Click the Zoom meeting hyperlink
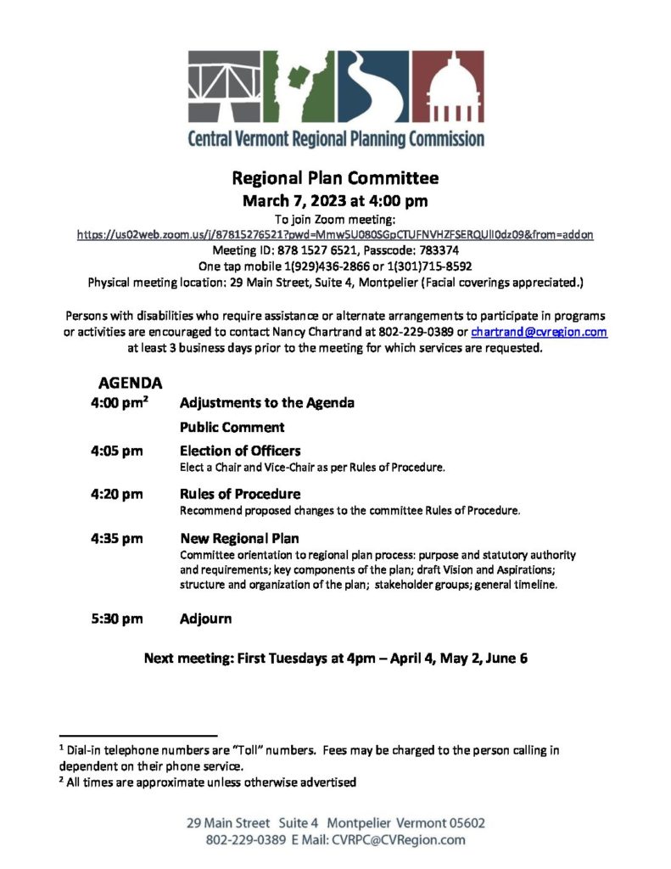pyautogui.click(x=335, y=233)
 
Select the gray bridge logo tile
pyautogui.click(x=224, y=87)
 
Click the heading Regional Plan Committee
pyautogui.click(x=335, y=179)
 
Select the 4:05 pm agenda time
pyautogui.click(x=116, y=451)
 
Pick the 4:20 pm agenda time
pyautogui.click(x=116, y=494)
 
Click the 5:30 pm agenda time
pyautogui.click(x=116, y=619)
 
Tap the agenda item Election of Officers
pyautogui.click(x=240, y=451)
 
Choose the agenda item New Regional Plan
pyautogui.click(x=239, y=538)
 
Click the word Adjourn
pyautogui.click(x=205, y=619)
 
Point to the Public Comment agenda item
pyautogui.click(x=232, y=427)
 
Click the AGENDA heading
pyautogui.click(x=131, y=384)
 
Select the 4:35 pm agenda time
pyautogui.click(x=116, y=538)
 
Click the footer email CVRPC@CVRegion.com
pyautogui.click(x=399, y=840)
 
